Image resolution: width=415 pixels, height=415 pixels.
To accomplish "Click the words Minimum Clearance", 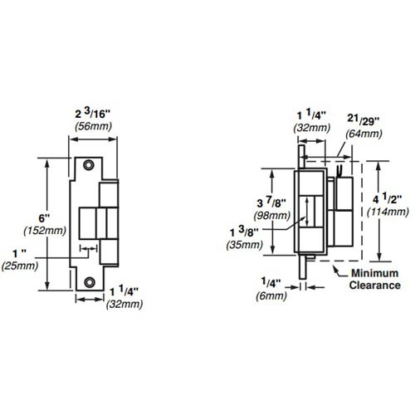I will click(x=374, y=279).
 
